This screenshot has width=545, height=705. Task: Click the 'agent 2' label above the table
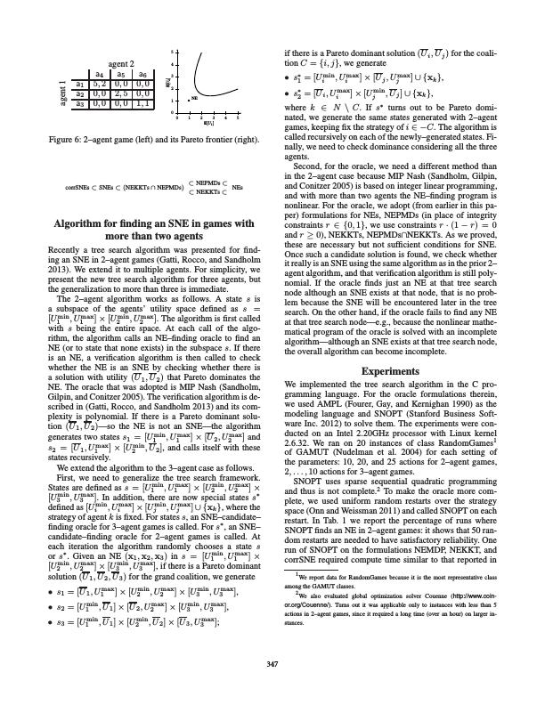(x=113, y=65)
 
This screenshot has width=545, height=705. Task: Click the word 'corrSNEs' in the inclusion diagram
(x=77, y=189)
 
